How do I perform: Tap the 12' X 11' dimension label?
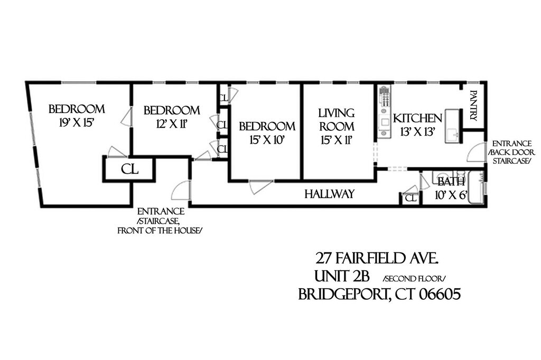coord(171,124)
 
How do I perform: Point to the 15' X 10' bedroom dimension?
coord(266,140)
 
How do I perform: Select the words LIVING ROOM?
coord(336,120)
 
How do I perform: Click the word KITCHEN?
coord(417,118)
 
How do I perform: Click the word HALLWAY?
coord(329,194)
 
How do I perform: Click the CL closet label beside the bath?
coord(410,198)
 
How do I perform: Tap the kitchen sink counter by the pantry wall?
coord(453,126)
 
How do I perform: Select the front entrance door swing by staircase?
coord(181,190)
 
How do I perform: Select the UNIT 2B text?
coord(343,277)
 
